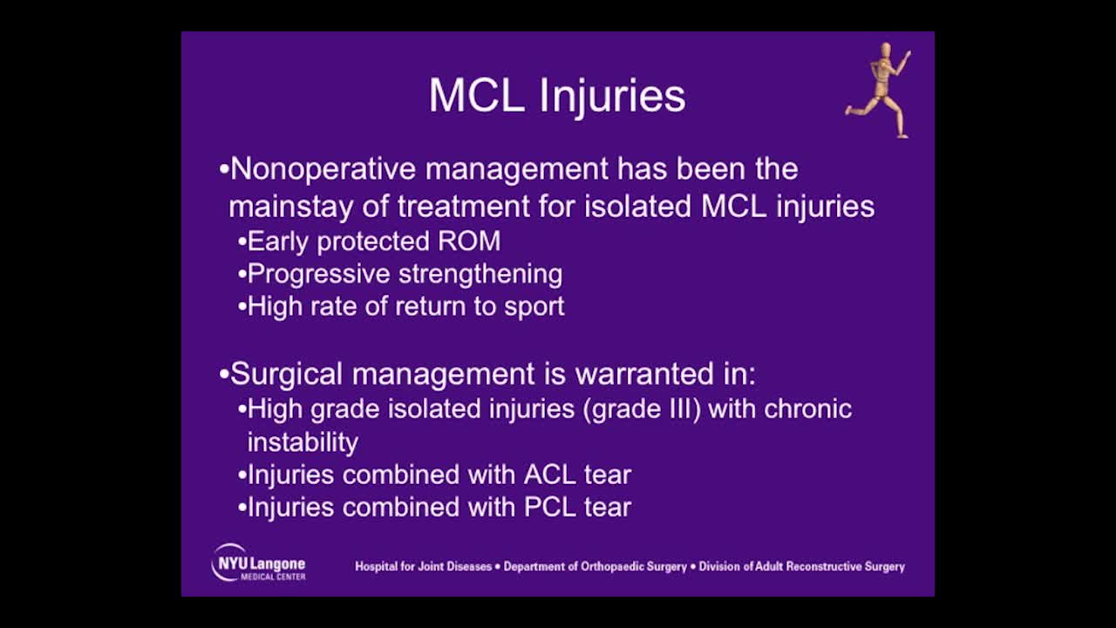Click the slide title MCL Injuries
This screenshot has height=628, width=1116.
point(556,96)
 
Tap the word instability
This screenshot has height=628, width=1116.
point(303,442)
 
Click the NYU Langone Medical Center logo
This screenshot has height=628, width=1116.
point(259,563)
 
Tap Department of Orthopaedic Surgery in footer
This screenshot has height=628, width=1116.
point(595,567)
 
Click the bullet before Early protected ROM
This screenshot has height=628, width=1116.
point(242,242)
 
